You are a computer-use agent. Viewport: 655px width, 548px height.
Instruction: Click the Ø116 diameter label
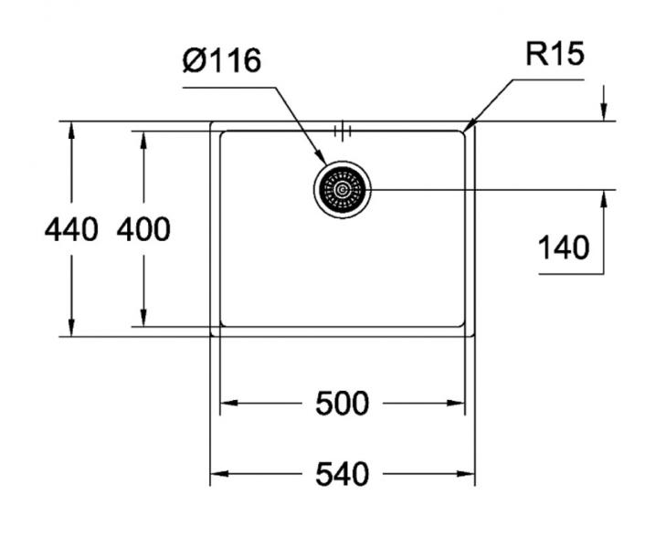pyautogui.click(x=222, y=61)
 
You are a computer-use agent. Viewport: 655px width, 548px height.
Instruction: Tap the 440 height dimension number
pyautogui.click(x=70, y=229)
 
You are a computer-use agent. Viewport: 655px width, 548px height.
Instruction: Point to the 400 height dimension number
pyautogui.click(x=143, y=229)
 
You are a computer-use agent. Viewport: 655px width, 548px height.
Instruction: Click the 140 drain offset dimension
pyautogui.click(x=563, y=247)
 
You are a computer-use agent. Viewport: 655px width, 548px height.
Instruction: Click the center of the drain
pyautogui.click(x=343, y=190)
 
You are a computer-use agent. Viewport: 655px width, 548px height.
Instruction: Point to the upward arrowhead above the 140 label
pyautogui.click(x=604, y=198)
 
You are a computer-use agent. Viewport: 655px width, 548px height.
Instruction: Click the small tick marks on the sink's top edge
pyautogui.click(x=343, y=132)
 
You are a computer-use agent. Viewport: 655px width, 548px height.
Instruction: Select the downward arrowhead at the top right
pyautogui.click(x=604, y=112)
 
